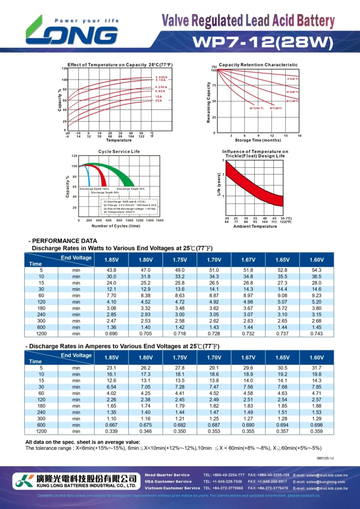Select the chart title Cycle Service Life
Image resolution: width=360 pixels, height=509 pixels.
click(x=119, y=152)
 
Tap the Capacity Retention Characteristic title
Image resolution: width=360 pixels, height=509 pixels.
click(x=258, y=65)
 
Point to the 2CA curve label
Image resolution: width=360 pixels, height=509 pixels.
click(x=159, y=100)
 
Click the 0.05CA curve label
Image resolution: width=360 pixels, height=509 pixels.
click(x=161, y=77)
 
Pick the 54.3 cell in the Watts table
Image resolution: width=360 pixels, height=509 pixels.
click(x=316, y=270)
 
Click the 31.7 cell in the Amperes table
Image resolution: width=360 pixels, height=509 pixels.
click(x=316, y=368)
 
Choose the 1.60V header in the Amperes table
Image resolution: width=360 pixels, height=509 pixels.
click(x=316, y=358)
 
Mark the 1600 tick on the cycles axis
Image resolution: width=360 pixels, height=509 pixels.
click(x=159, y=221)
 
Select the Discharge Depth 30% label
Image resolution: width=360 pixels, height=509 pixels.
click(x=130, y=189)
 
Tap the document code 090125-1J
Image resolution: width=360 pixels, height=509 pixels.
click(x=325, y=458)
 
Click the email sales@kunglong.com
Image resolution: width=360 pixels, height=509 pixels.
click(x=320, y=482)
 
